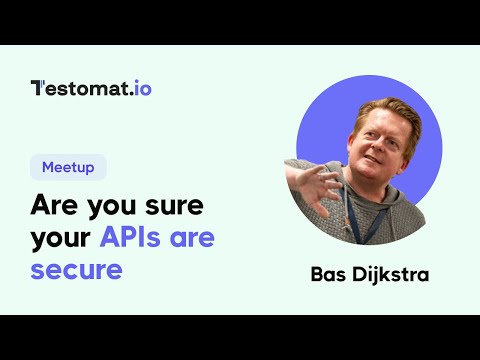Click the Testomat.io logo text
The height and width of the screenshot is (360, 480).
(91, 87)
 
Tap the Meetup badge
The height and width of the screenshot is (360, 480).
(69, 167)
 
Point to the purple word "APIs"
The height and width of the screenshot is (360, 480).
(135, 238)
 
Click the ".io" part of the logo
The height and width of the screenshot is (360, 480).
(139, 87)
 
